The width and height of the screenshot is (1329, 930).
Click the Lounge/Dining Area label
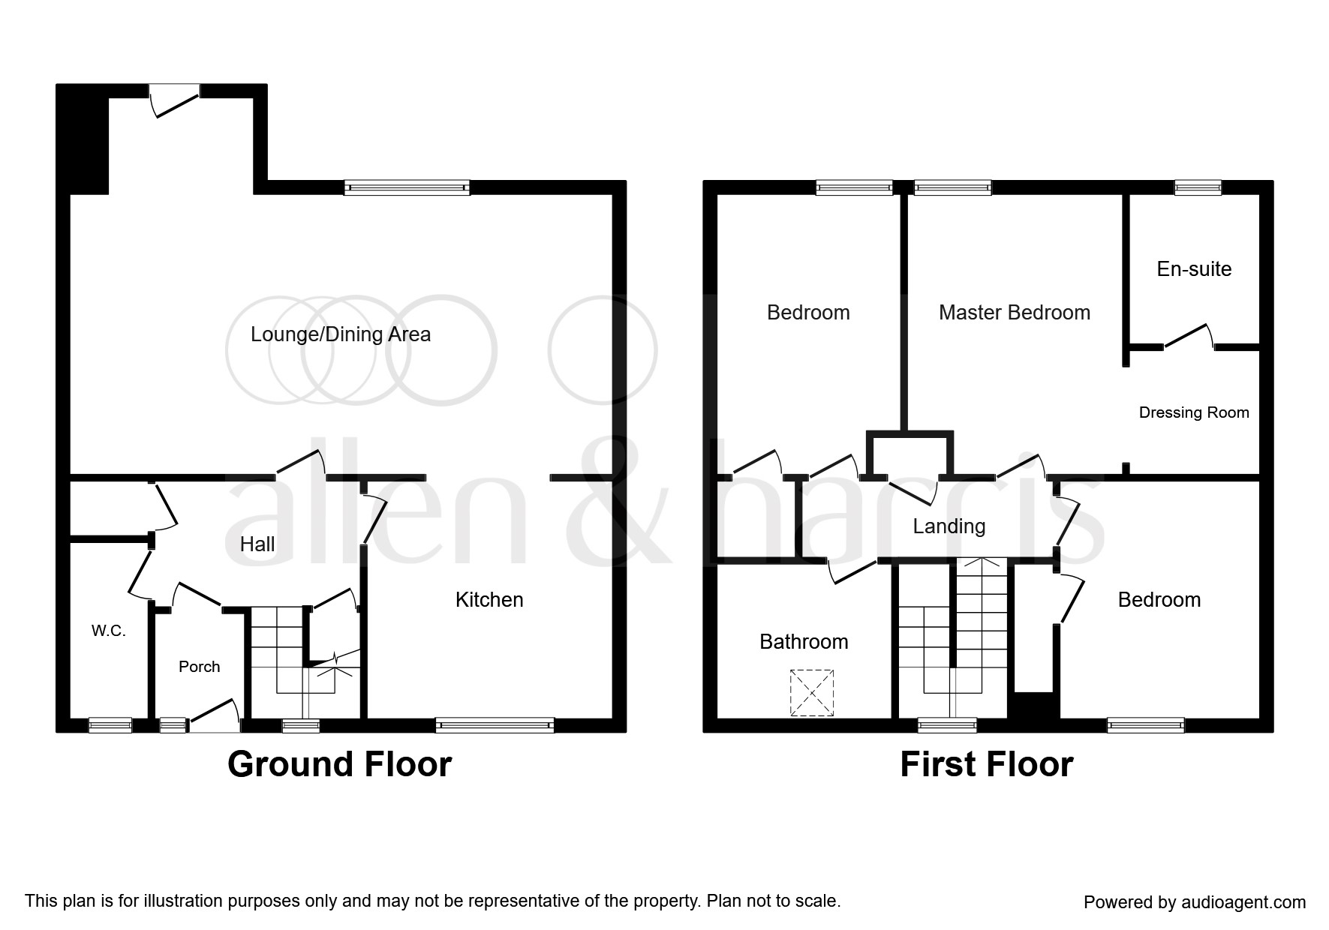point(341,334)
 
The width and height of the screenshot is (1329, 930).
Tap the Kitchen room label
point(489,599)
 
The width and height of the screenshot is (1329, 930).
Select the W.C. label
point(109,631)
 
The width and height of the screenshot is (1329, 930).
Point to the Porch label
point(200,667)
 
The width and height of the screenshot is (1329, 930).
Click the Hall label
point(257,544)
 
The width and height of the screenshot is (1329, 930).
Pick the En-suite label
point(1194,268)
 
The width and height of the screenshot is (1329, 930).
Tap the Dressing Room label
point(1194,412)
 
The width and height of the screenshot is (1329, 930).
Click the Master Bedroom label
point(1015,312)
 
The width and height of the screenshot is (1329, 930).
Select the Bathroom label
point(804,641)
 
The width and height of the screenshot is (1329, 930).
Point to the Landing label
point(949,526)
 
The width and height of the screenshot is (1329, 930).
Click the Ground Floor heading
point(339,764)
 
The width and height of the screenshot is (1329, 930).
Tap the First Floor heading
point(987,764)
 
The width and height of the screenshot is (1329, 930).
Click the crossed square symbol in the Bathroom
point(812,692)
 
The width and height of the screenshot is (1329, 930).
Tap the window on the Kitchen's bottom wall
point(495,724)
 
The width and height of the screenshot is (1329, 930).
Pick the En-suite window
point(1198,187)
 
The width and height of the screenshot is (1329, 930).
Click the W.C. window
point(110,724)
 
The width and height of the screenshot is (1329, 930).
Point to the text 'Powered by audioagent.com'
point(1195,902)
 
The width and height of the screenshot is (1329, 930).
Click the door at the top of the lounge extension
point(175,100)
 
